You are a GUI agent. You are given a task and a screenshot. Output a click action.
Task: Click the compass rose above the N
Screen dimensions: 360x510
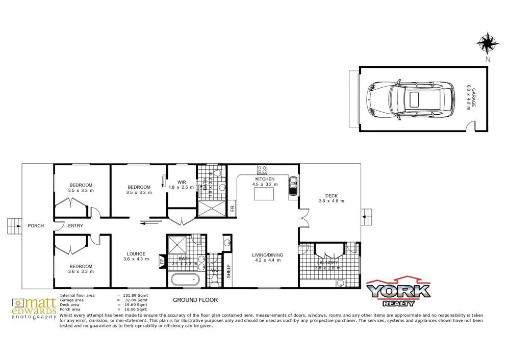[488, 43]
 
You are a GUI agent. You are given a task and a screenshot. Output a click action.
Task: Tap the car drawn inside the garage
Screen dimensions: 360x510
[411, 99]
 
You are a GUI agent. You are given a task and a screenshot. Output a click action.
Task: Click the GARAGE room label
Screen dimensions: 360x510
[473, 98]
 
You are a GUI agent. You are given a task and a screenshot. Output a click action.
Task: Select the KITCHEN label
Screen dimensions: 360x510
[265, 179]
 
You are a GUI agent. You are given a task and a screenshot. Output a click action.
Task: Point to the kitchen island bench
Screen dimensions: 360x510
[263, 194]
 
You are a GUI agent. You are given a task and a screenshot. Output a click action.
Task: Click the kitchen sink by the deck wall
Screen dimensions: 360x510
[293, 187]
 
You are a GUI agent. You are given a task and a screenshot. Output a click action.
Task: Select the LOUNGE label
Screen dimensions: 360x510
[136, 253]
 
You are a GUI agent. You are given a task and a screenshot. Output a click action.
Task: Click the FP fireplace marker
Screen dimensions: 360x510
[162, 261]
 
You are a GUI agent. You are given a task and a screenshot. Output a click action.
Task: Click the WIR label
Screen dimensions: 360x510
[182, 182]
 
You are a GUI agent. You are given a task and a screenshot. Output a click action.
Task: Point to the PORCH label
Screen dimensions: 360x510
[36, 226]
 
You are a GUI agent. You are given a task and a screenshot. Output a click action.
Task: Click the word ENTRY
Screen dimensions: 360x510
[75, 226]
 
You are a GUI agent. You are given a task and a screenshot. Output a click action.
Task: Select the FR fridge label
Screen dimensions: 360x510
[232, 208]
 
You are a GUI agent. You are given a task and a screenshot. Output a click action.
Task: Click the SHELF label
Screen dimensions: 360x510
[228, 270]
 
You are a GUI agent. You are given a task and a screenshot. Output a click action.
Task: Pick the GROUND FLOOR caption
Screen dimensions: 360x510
[195, 300]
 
